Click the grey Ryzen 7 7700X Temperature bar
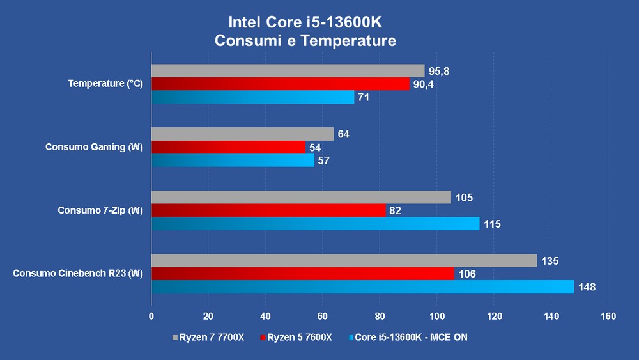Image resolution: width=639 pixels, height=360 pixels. [x=288, y=70]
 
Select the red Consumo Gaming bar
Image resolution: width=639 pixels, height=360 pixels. [x=228, y=147]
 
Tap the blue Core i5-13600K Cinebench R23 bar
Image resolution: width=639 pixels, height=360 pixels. [x=362, y=287]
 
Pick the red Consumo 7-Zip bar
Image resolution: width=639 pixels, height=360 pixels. [x=268, y=210]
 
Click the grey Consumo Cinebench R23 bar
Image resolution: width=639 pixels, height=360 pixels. [x=344, y=261]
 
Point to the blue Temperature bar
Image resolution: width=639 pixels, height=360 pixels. [x=252, y=97]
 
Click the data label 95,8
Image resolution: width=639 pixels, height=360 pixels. [x=439, y=71]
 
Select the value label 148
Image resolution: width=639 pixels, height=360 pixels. [x=587, y=287]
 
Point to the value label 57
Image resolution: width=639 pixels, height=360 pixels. [x=323, y=160]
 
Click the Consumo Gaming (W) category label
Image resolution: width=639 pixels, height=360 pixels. [x=94, y=147]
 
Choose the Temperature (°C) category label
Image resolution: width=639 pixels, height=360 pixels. [x=105, y=84]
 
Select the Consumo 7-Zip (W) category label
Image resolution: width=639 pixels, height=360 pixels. [x=100, y=210]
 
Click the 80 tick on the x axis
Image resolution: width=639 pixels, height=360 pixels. [x=380, y=316]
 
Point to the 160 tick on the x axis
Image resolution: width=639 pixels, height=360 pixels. [x=608, y=316]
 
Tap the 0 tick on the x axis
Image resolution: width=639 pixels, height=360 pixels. [x=151, y=316]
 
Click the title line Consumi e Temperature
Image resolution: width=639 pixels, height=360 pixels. [x=305, y=41]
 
